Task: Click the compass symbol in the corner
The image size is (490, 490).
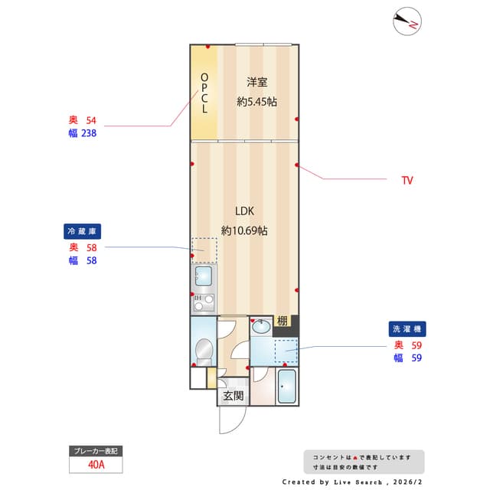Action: coord(407,22)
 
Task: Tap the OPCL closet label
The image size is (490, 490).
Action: coord(204,93)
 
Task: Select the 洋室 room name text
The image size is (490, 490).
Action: coord(256,82)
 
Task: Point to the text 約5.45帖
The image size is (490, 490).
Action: coord(256,101)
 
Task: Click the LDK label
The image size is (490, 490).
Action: coord(244,211)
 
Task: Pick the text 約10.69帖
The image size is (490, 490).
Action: coord(244,230)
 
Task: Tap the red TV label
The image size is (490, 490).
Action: coord(407,181)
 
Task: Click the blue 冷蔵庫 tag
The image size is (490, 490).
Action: coord(83,230)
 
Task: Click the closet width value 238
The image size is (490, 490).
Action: coord(87,132)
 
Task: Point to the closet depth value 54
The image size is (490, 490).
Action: coord(91,120)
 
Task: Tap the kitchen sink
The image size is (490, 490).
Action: coord(204,276)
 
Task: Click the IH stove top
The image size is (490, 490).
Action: coord(203,301)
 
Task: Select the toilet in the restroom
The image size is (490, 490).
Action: coord(204,351)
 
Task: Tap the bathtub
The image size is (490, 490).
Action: coord(286,387)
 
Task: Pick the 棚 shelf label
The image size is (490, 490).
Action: coord(283,322)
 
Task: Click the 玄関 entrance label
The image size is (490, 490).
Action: coord(234,396)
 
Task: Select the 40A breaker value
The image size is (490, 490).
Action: coord(96,464)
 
